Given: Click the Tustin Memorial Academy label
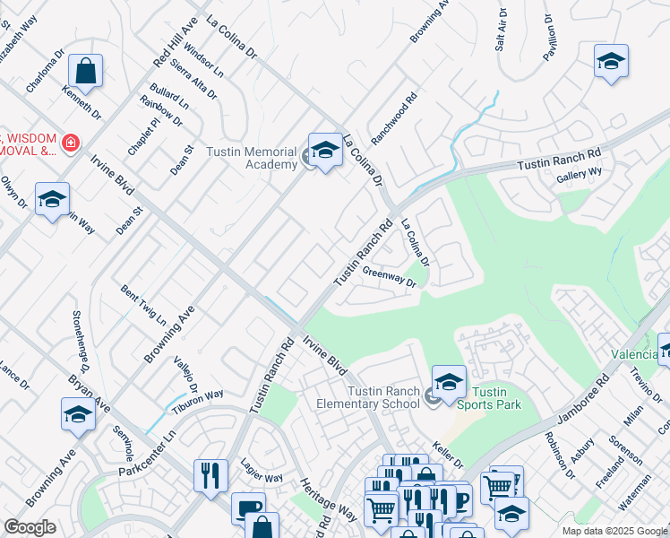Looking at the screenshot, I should [252, 158].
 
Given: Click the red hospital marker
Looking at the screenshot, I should [69, 143].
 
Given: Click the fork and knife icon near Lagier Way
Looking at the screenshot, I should [210, 473].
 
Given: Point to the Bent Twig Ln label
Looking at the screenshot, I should [143, 305].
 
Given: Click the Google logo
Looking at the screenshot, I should [30, 527].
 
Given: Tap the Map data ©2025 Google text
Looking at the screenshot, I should [614, 530].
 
